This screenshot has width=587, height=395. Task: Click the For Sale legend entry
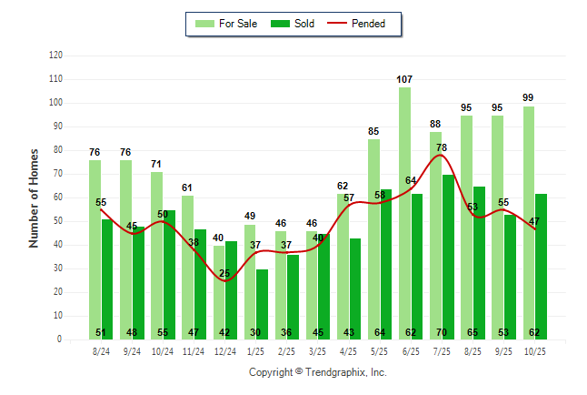227,24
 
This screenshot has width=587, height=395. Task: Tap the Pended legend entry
362,24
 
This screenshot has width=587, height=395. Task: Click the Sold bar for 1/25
262,304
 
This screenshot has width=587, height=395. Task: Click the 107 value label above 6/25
404,79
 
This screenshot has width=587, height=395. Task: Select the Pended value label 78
441,147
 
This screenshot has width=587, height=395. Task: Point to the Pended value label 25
224,273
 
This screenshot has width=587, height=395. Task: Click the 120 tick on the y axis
55,56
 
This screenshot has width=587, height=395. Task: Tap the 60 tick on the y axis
58,197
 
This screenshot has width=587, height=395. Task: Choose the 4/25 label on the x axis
349,351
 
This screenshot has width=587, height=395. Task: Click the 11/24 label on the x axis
194,351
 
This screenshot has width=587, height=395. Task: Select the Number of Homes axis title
34,197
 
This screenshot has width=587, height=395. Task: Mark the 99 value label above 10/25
528,98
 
